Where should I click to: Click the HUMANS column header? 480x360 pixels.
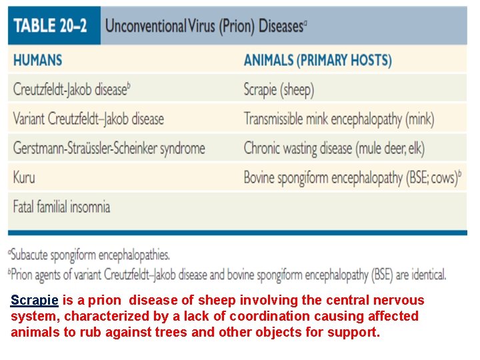coord(37,59)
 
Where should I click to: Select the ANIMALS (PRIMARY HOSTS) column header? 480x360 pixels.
coord(317,60)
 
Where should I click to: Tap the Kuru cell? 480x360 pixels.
coord(24,177)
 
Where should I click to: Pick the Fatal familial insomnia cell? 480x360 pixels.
coord(61,206)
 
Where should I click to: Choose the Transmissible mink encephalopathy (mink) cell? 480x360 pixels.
coord(339,119)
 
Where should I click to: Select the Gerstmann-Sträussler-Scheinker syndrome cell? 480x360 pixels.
coord(109,148)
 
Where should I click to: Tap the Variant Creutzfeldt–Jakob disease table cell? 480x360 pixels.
coord(88,119)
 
